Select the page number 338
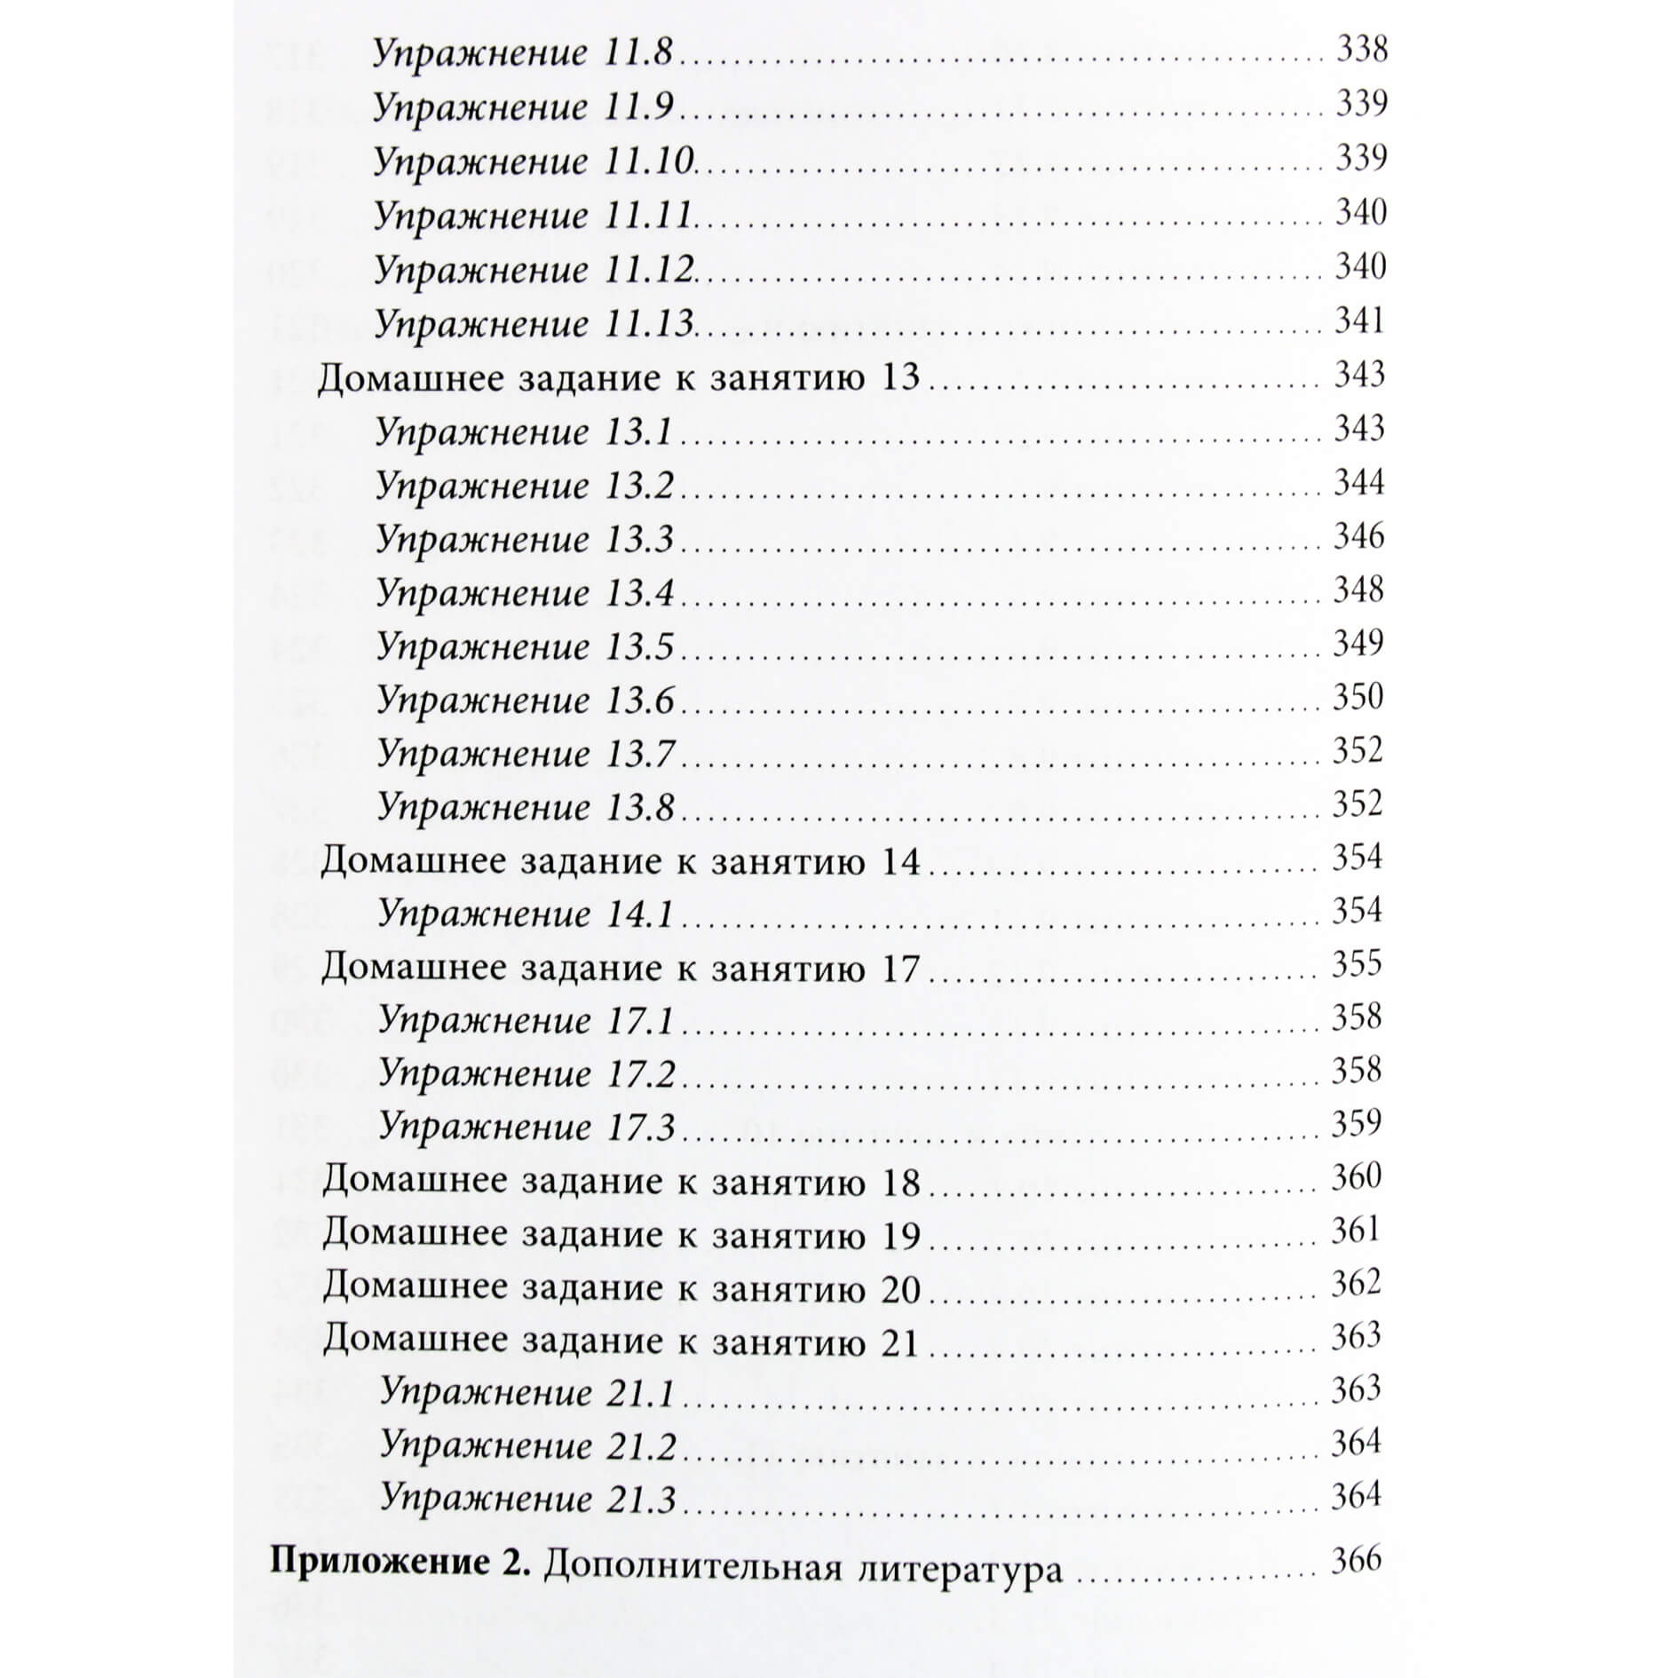click(1361, 49)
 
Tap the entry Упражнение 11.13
click(533, 324)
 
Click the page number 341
click(1359, 321)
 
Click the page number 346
click(1358, 535)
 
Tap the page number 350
click(1357, 696)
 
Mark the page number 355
click(1357, 963)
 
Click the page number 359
click(1357, 1123)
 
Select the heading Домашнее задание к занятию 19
click(621, 1234)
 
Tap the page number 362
click(1357, 1283)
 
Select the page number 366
click(1356, 1560)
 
